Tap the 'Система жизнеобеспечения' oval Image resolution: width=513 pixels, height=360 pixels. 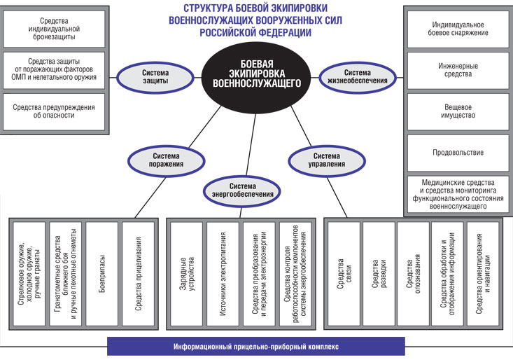(x=356, y=75)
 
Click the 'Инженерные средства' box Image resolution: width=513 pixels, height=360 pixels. (x=458, y=69)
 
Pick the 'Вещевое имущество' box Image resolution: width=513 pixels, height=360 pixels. (x=458, y=111)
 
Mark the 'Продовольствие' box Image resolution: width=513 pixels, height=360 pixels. (x=458, y=152)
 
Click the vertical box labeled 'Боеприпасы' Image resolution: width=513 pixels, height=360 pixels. (x=101, y=272)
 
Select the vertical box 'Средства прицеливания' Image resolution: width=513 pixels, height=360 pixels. (x=137, y=272)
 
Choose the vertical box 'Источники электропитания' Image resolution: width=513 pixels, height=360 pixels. (x=221, y=272)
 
